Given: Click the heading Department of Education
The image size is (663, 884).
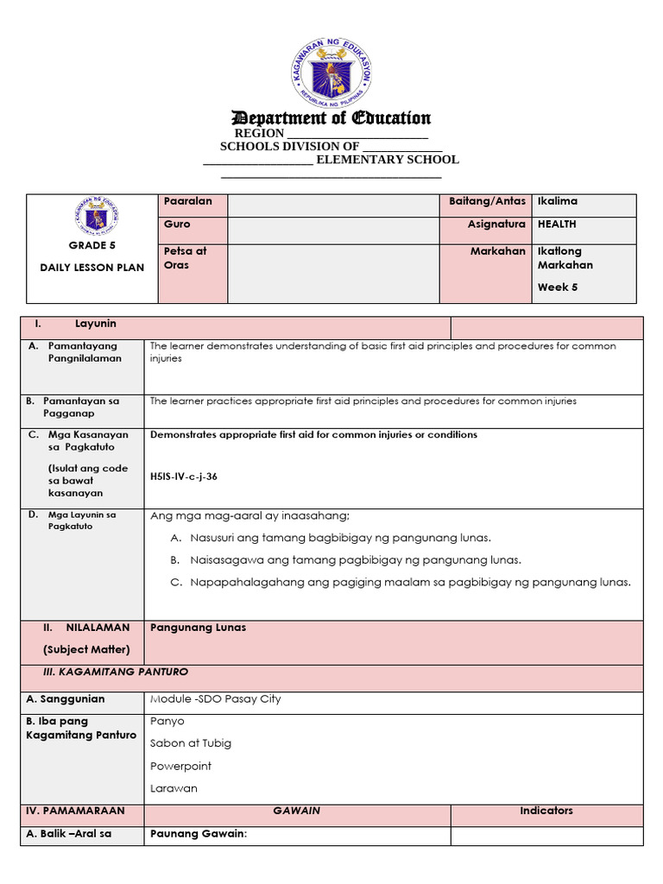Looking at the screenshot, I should (x=331, y=118).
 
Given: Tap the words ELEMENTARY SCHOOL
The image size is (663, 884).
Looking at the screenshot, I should (x=387, y=160).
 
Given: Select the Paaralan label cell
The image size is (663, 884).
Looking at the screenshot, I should (x=183, y=201).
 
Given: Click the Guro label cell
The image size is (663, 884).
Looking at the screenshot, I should (x=177, y=224).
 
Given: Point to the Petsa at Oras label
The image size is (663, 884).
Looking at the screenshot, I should (x=185, y=258).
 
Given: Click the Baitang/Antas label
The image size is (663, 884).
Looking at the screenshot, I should (x=487, y=201).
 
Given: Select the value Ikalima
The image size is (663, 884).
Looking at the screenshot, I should (x=557, y=201).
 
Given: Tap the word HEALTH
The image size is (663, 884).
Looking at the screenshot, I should (x=557, y=224).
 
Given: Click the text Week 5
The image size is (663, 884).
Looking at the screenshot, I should (x=558, y=287).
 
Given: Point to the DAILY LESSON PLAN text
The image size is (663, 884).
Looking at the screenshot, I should (x=92, y=268).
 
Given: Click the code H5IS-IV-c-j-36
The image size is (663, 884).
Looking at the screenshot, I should (x=183, y=476).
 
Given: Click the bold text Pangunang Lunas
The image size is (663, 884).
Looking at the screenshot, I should (x=198, y=628).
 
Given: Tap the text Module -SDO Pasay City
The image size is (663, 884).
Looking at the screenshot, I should (x=215, y=698).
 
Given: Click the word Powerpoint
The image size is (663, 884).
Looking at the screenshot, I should (x=180, y=766).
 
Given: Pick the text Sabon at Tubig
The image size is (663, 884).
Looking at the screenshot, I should (x=191, y=743).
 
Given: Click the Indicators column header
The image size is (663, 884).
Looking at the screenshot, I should (x=546, y=811).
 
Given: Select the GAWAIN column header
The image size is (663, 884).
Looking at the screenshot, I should (x=297, y=811).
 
